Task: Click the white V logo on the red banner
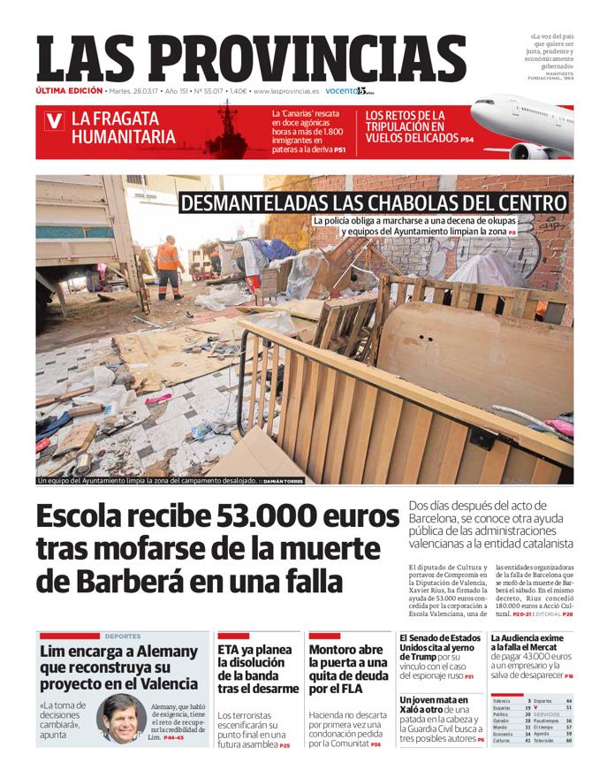(x=55, y=121)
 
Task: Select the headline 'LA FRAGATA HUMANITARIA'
(x=123, y=126)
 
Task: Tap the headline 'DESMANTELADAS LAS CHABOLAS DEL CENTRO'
(x=373, y=202)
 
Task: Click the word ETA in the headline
(x=230, y=651)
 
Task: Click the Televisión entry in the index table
(x=546, y=740)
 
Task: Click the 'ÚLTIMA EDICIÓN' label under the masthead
(x=69, y=91)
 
